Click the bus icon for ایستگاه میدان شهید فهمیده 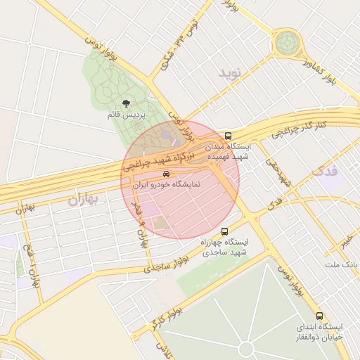pos(227,136)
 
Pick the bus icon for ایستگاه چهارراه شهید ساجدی pos(224,231)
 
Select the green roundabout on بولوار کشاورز pos(287,43)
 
